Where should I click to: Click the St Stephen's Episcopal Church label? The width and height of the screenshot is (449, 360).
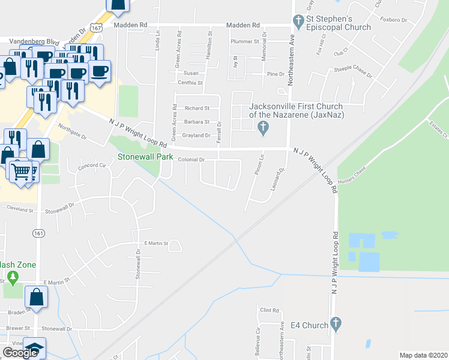click(x=339, y=23)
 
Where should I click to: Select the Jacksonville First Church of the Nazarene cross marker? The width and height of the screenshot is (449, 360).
click(x=262, y=127)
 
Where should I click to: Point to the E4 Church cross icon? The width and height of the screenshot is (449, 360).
click(x=335, y=324)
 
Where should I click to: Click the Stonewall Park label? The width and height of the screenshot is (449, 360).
click(x=145, y=157)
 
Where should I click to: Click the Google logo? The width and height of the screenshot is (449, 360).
click(x=20, y=353)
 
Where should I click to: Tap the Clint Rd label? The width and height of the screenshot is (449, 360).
click(x=270, y=310)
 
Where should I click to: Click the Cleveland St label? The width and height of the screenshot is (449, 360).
click(x=20, y=211)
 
